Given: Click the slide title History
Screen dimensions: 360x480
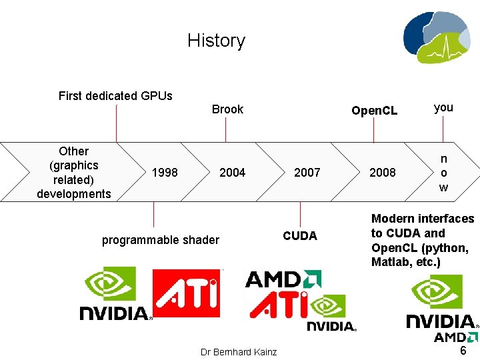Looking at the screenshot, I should coord(216,41).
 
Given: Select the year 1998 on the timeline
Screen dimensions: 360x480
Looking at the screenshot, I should coord(165,173).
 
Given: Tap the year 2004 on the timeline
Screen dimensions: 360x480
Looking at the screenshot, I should coord(232,173).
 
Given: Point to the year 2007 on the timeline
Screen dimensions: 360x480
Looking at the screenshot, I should coord(307,173).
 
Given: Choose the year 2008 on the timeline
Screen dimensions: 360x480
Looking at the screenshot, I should coord(383,173).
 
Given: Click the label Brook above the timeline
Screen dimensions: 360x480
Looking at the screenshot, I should coord(227,109).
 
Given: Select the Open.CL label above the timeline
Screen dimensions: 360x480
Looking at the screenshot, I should coord(374,111).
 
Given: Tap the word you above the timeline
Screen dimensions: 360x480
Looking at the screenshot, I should coord(443,107).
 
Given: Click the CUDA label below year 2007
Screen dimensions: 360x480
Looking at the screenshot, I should coord(300,236).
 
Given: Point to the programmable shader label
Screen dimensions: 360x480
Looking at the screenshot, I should coord(160,240).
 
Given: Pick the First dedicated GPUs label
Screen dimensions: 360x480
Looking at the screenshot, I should coord(115,96).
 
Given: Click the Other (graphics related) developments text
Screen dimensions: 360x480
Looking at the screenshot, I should coord(74,173).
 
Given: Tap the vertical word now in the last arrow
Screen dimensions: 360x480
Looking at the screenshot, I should coord(443,173).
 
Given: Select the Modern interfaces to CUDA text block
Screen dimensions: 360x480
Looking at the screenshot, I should coord(423,240).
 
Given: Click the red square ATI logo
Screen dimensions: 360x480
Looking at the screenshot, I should coord(186,293).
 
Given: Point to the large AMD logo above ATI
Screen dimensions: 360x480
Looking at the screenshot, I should coord(283,279).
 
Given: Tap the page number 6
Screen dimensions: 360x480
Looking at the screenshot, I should coord(463,351).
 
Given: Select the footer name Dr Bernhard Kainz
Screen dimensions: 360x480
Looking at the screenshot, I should coord(239,351).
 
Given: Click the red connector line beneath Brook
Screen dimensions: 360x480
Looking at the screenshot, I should coord(226,129).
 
